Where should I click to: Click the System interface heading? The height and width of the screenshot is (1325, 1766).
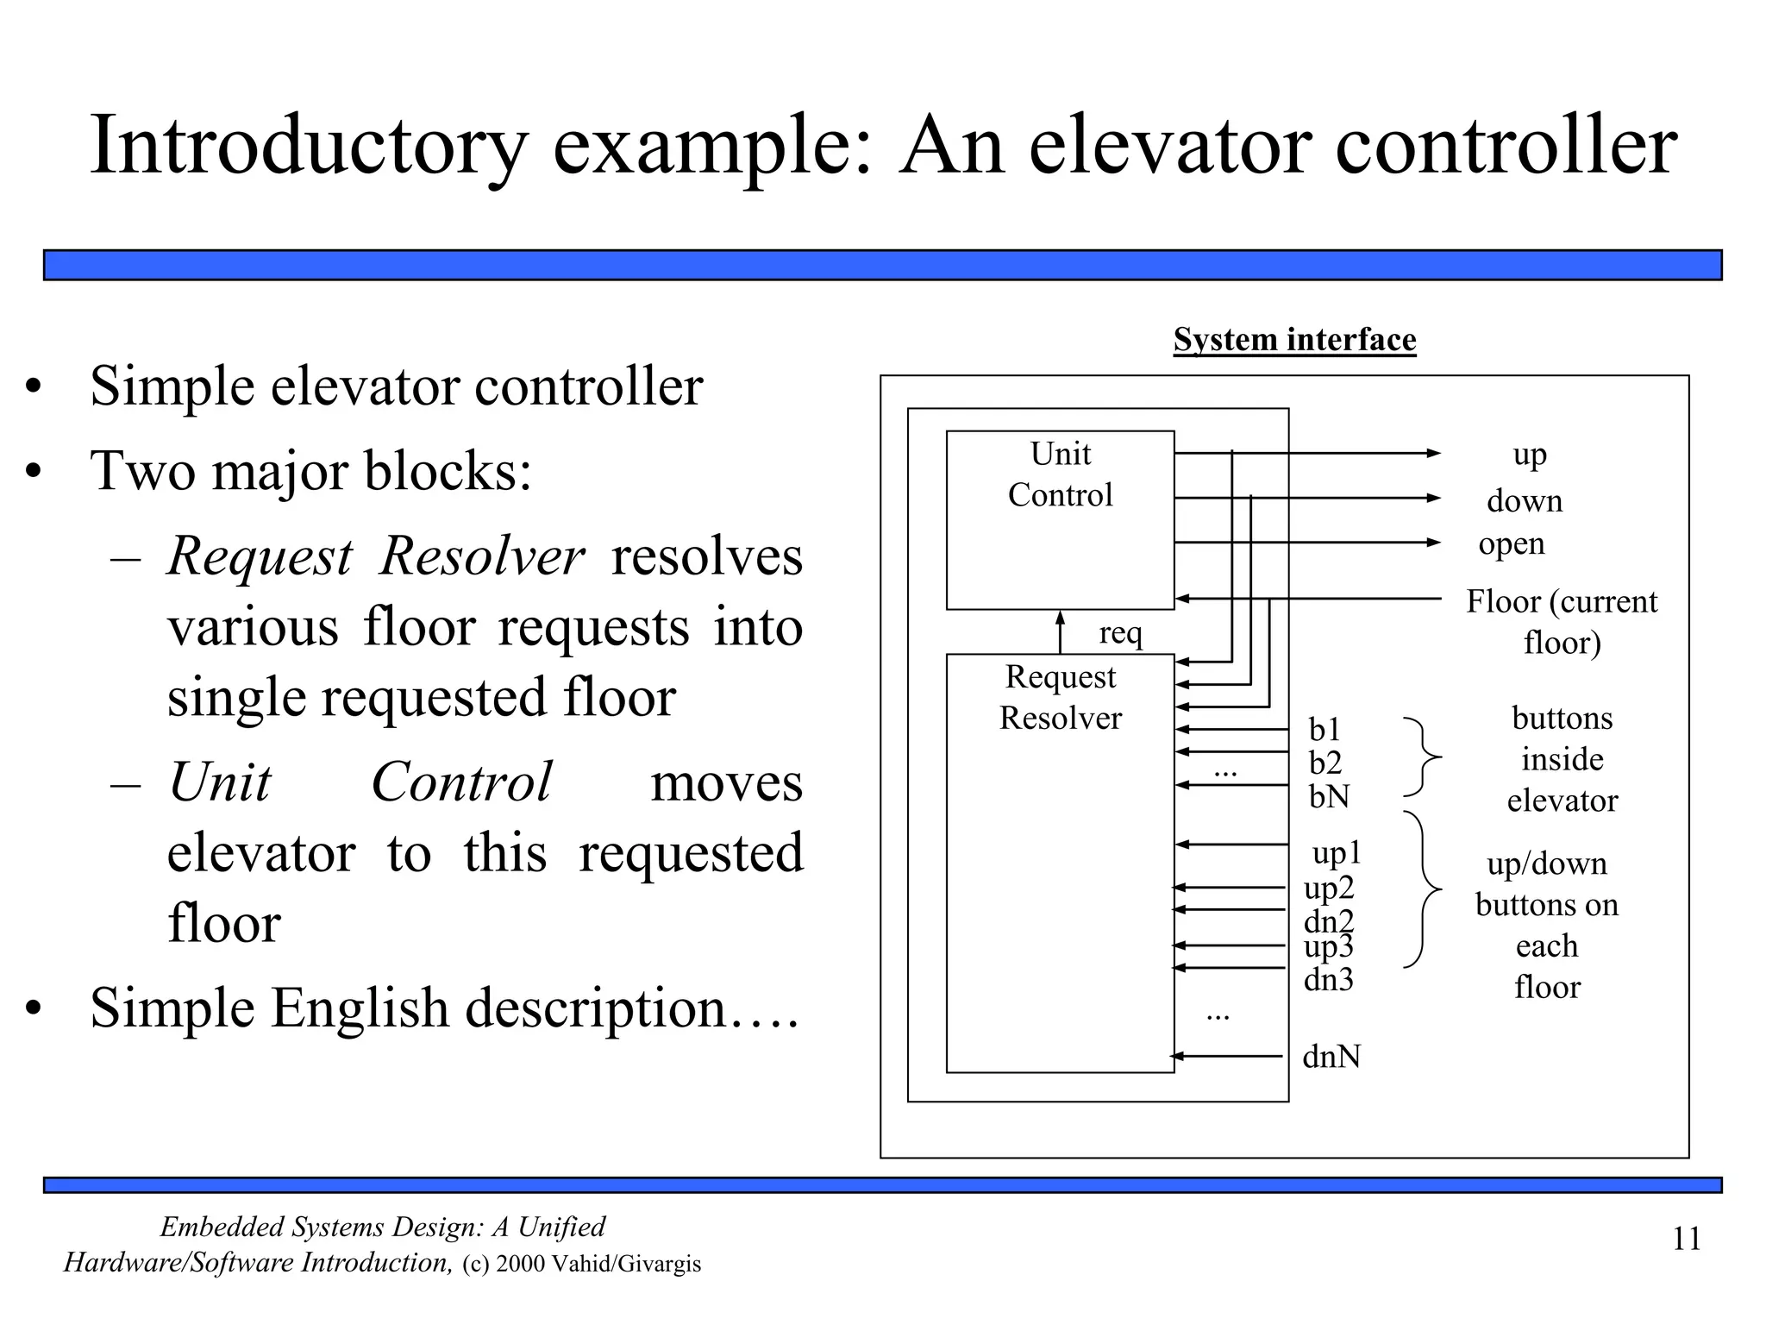tap(1293, 339)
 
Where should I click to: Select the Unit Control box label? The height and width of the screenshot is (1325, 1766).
tap(1060, 474)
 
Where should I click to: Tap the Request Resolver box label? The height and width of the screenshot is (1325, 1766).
tap(1060, 697)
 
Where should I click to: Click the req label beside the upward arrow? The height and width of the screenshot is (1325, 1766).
tap(1120, 633)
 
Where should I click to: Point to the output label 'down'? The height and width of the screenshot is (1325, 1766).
tap(1524, 501)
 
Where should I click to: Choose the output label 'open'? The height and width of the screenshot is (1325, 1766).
tap(1511, 543)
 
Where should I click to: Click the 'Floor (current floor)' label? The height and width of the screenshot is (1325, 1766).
tap(1561, 621)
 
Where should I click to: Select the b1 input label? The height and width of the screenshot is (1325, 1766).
tap(1324, 730)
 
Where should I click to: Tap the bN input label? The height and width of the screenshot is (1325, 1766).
tap(1329, 796)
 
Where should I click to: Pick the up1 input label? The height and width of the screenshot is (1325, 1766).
tap(1336, 853)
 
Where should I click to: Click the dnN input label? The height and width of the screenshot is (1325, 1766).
tap(1331, 1057)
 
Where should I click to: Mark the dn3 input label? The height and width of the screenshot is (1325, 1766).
tap(1328, 980)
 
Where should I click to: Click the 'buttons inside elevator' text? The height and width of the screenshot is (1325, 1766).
tap(1562, 759)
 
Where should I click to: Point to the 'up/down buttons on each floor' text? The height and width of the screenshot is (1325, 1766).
tap(1546, 925)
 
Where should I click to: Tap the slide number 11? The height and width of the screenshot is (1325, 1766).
tap(1686, 1239)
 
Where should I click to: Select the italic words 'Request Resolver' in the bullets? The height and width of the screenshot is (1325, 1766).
tap(376, 556)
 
